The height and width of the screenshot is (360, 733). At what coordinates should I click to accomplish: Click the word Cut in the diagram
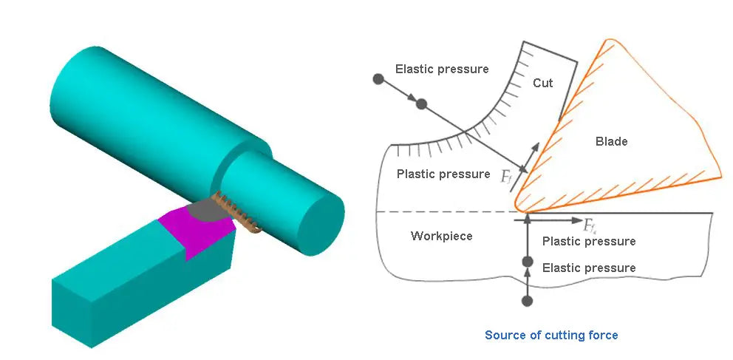[542, 83]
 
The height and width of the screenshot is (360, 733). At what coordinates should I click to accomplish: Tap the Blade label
[611, 141]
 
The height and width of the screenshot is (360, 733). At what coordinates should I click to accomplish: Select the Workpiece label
[441, 236]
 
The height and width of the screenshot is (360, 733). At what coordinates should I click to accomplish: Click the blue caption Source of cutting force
[551, 335]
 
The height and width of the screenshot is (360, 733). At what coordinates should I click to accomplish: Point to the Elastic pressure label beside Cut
[442, 69]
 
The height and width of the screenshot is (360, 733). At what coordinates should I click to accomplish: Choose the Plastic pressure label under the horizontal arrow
[589, 242]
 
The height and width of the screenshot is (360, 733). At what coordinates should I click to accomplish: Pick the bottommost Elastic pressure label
[589, 268]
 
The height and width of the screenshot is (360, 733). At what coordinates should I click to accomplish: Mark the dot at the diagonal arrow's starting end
[378, 78]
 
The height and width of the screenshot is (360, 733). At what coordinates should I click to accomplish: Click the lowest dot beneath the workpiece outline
[527, 301]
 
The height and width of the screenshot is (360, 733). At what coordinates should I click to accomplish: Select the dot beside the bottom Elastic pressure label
[527, 262]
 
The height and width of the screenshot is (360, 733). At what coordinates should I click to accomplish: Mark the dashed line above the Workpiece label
[443, 212]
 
